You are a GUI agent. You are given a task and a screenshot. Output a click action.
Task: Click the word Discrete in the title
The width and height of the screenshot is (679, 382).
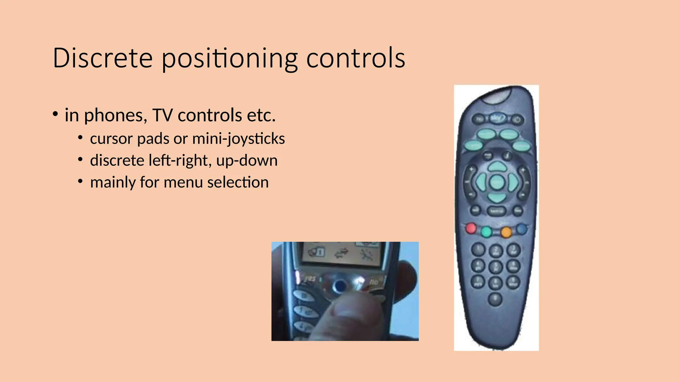[102, 58]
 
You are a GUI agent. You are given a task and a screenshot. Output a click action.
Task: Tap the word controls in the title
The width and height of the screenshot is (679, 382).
[355, 58]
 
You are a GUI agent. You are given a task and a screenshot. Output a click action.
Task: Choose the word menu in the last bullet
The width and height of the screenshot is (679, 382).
[183, 182]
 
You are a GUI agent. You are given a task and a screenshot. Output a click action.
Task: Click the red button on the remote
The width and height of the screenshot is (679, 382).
[471, 228]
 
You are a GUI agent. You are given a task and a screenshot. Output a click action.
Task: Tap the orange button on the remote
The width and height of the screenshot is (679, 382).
[506, 232]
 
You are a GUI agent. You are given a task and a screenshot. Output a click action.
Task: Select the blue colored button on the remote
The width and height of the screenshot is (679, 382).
[522, 228]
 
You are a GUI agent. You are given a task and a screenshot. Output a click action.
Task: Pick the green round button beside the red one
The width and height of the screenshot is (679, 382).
[486, 231]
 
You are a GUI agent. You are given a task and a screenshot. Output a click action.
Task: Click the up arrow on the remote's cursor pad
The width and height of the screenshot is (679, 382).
[497, 166]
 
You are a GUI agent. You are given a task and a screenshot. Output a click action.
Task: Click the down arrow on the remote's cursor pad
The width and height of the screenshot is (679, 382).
[497, 198]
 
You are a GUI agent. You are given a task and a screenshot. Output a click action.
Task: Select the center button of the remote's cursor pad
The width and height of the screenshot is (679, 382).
[497, 182]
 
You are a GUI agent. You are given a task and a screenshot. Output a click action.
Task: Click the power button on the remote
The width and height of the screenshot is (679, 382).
[518, 120]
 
